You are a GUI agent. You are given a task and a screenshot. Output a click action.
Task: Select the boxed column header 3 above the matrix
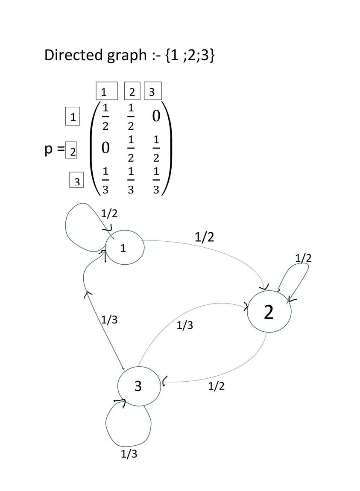click(x=152, y=91)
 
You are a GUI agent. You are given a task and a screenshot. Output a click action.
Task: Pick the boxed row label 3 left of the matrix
click(x=77, y=181)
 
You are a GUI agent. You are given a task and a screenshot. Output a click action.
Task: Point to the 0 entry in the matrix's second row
click(x=105, y=149)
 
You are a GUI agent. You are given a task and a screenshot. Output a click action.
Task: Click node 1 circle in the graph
click(x=123, y=248)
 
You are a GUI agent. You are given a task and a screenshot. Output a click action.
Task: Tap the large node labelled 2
click(x=269, y=313)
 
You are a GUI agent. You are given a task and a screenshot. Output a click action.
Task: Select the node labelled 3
click(x=138, y=386)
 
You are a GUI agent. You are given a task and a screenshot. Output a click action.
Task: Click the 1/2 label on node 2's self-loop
click(x=303, y=258)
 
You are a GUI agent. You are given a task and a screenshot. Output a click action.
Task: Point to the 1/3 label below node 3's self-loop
click(x=129, y=454)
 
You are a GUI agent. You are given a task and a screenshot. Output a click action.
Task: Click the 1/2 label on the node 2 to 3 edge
click(x=216, y=386)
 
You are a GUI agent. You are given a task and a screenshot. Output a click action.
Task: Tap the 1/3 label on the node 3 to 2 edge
click(x=185, y=325)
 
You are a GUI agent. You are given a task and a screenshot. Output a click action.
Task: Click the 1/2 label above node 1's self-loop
click(x=109, y=213)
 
